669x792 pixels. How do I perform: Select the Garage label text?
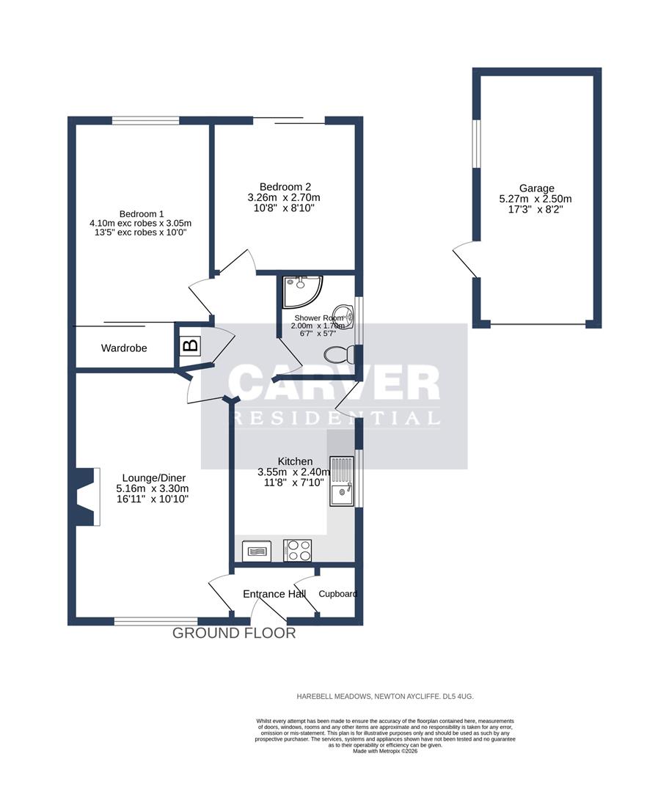(537, 188)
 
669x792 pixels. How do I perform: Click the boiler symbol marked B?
(189, 345)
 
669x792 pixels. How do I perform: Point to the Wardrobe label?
(124, 348)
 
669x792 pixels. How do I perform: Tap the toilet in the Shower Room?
(340, 355)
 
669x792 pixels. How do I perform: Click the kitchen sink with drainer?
(342, 480)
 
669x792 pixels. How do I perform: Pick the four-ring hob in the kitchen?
(297, 550)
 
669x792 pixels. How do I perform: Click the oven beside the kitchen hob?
(256, 550)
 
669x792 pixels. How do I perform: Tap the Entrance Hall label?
(274, 593)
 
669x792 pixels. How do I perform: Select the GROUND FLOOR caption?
(234, 633)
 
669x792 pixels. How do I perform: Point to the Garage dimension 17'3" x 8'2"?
(537, 209)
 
